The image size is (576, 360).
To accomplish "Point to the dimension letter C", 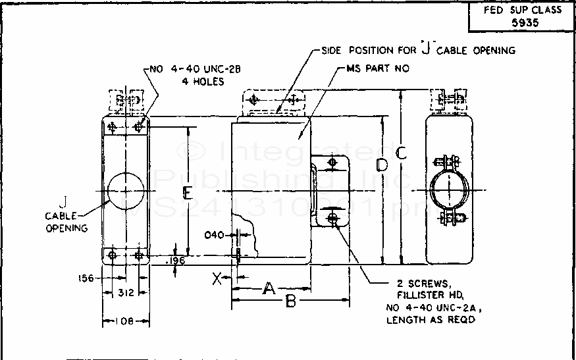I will [x=401, y=153].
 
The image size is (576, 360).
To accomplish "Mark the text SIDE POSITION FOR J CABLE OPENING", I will [x=418, y=51].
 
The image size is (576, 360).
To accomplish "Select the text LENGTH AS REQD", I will [x=432, y=320].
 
